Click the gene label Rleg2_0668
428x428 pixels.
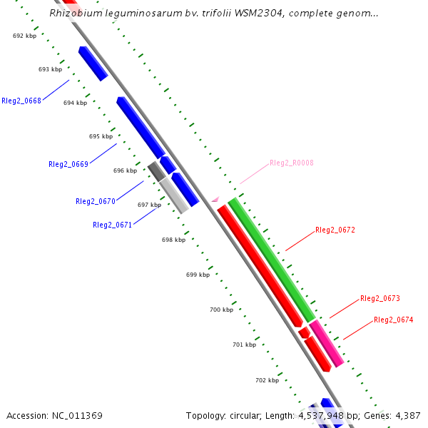point(21,101)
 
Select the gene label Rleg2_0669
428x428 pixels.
point(68,164)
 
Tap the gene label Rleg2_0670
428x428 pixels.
point(96,201)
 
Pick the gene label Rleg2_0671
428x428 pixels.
point(112,225)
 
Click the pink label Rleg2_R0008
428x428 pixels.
point(292,163)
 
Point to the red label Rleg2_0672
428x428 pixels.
point(335,230)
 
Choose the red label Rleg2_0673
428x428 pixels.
point(379,298)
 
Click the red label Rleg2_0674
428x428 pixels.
point(393,320)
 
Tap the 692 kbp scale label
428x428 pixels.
point(24,36)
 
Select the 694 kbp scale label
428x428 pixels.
point(75,103)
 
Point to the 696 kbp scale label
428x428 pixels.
point(125,170)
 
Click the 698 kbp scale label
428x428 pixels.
point(173,240)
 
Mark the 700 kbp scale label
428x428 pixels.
point(221,310)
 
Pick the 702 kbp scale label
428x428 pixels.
point(267,380)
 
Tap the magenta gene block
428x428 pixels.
point(326,343)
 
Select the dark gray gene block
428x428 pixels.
point(156,170)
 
